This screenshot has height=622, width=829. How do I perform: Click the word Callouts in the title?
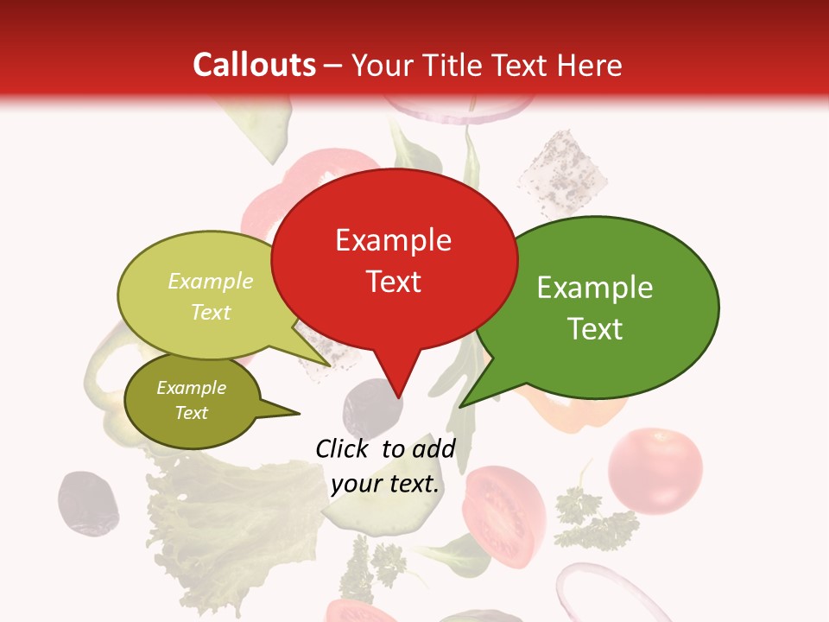pyautogui.click(x=255, y=65)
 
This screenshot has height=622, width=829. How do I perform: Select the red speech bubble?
pyautogui.click(x=394, y=259)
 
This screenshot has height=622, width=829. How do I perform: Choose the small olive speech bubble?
pyautogui.click(x=192, y=401)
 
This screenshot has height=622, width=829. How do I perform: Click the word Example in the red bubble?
pyautogui.click(x=394, y=240)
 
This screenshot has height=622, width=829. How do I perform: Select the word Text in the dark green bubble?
pyautogui.click(x=595, y=329)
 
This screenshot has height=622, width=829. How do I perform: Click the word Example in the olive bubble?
pyautogui.click(x=192, y=388)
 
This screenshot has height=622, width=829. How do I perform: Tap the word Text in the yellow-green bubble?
pyautogui.click(x=211, y=312)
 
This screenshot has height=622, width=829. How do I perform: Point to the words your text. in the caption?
pyautogui.click(x=385, y=484)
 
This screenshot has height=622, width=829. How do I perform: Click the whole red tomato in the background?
pyautogui.click(x=655, y=470)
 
